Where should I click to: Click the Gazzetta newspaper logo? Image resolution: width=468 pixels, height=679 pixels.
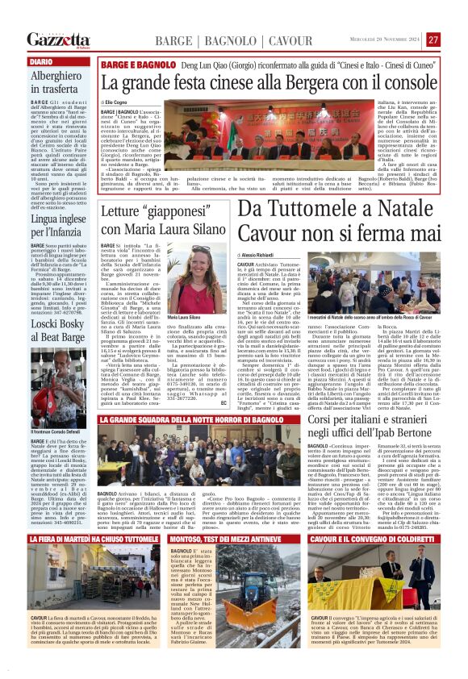59,40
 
